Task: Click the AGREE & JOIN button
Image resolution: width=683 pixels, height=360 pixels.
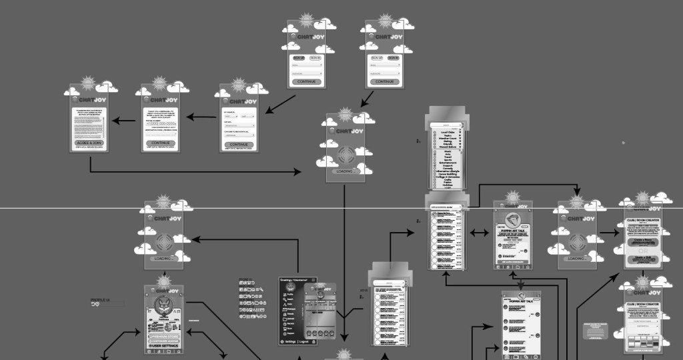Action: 89,143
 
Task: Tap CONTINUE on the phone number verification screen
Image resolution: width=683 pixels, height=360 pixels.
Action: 160,143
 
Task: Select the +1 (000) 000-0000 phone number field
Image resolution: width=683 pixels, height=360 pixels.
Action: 160,123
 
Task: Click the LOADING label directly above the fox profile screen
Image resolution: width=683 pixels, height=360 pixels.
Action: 163,258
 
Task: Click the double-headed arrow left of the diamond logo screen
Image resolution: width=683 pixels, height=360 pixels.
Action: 479,233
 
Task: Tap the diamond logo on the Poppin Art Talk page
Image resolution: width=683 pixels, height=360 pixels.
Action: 512,222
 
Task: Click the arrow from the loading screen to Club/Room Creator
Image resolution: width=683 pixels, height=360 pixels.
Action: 608,233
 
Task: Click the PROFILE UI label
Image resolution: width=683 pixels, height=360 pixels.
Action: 100,301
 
